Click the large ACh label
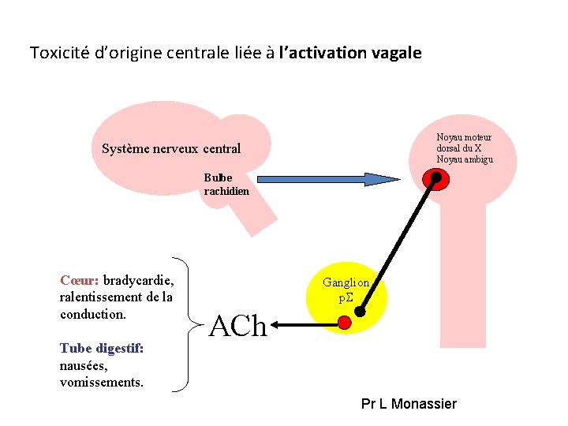(x=239, y=326)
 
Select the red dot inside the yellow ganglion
(x=344, y=322)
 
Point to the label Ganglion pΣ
(x=346, y=290)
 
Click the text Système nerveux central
(x=171, y=149)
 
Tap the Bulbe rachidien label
(x=226, y=185)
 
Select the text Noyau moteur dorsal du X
(x=463, y=143)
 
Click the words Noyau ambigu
(x=464, y=159)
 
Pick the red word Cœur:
(x=79, y=280)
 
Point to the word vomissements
(x=102, y=383)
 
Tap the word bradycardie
(x=139, y=280)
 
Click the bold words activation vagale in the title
(x=350, y=54)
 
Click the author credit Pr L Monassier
(x=409, y=404)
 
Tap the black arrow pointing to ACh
(x=305, y=323)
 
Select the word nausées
(x=83, y=366)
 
